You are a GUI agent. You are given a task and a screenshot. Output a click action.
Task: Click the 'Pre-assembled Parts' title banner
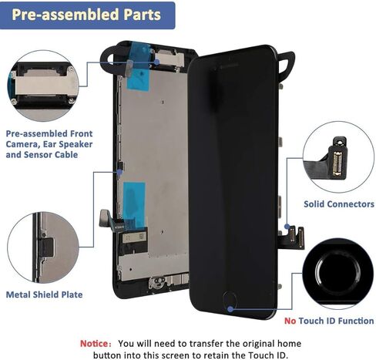86,15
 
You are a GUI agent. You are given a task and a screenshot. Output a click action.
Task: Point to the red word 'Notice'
98,343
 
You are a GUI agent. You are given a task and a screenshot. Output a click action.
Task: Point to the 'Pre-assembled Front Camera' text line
53,133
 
